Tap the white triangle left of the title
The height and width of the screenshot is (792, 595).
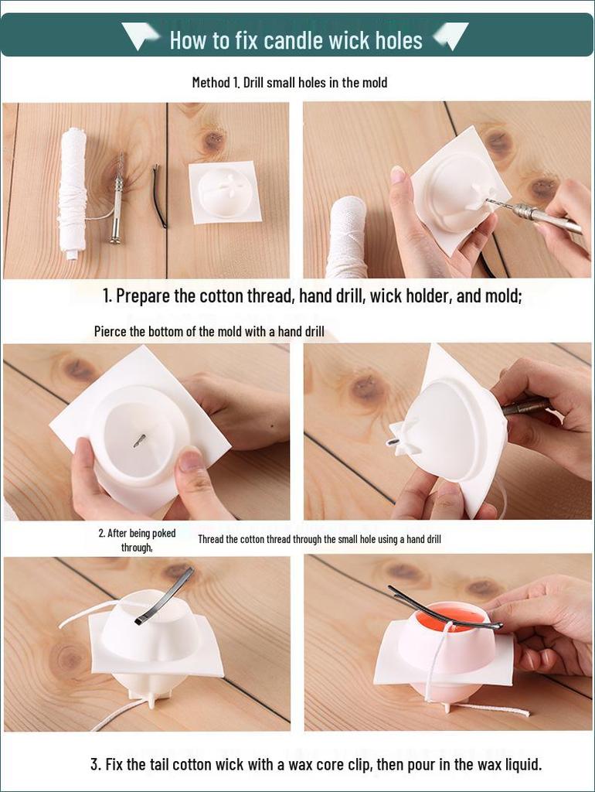pos(140,36)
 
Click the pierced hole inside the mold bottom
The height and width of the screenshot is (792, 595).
pos(139,440)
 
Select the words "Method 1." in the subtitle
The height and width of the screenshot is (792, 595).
pos(216,82)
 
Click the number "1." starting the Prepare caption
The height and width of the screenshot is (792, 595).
pos(107,295)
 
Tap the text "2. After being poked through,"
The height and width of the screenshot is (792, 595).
pos(137,540)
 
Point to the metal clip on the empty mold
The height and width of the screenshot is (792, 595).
pos(164,596)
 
